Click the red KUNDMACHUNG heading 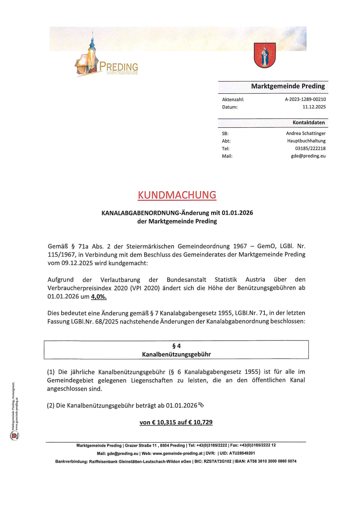coord(177,195)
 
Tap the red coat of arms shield coord(264,55)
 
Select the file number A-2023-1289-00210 coord(305,99)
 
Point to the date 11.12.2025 coord(314,107)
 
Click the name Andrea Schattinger coord(306,133)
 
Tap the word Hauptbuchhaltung coord(306,141)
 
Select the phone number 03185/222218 coord(310,148)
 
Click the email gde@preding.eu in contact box coord(308,156)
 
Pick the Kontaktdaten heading coord(309,123)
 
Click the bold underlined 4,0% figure coord(99,297)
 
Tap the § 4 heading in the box coord(176,346)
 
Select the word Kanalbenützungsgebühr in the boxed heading coord(176,354)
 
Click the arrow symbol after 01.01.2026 coord(201,405)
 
